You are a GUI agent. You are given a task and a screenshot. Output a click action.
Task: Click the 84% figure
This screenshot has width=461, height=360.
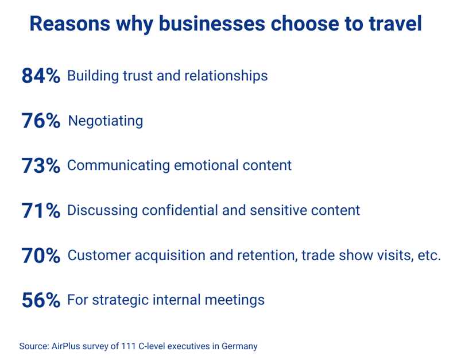[x=41, y=76]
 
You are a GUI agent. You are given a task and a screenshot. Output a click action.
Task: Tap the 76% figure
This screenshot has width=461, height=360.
[x=41, y=121]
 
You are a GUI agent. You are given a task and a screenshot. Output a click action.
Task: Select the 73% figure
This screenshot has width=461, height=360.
[x=41, y=165]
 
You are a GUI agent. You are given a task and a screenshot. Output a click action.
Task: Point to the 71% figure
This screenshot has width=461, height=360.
[x=41, y=210]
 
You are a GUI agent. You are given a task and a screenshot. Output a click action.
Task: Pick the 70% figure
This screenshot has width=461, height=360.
[x=41, y=255]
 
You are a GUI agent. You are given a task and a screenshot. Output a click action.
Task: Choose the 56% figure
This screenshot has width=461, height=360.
[x=41, y=300]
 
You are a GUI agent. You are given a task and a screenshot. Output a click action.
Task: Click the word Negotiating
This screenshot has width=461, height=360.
[x=106, y=121]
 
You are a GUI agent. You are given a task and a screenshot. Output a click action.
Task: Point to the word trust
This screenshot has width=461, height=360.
[x=137, y=76]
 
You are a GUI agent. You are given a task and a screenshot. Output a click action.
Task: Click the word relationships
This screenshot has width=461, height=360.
[x=226, y=76]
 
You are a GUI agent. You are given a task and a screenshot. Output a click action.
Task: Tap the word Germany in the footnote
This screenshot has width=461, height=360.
[x=239, y=346]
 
